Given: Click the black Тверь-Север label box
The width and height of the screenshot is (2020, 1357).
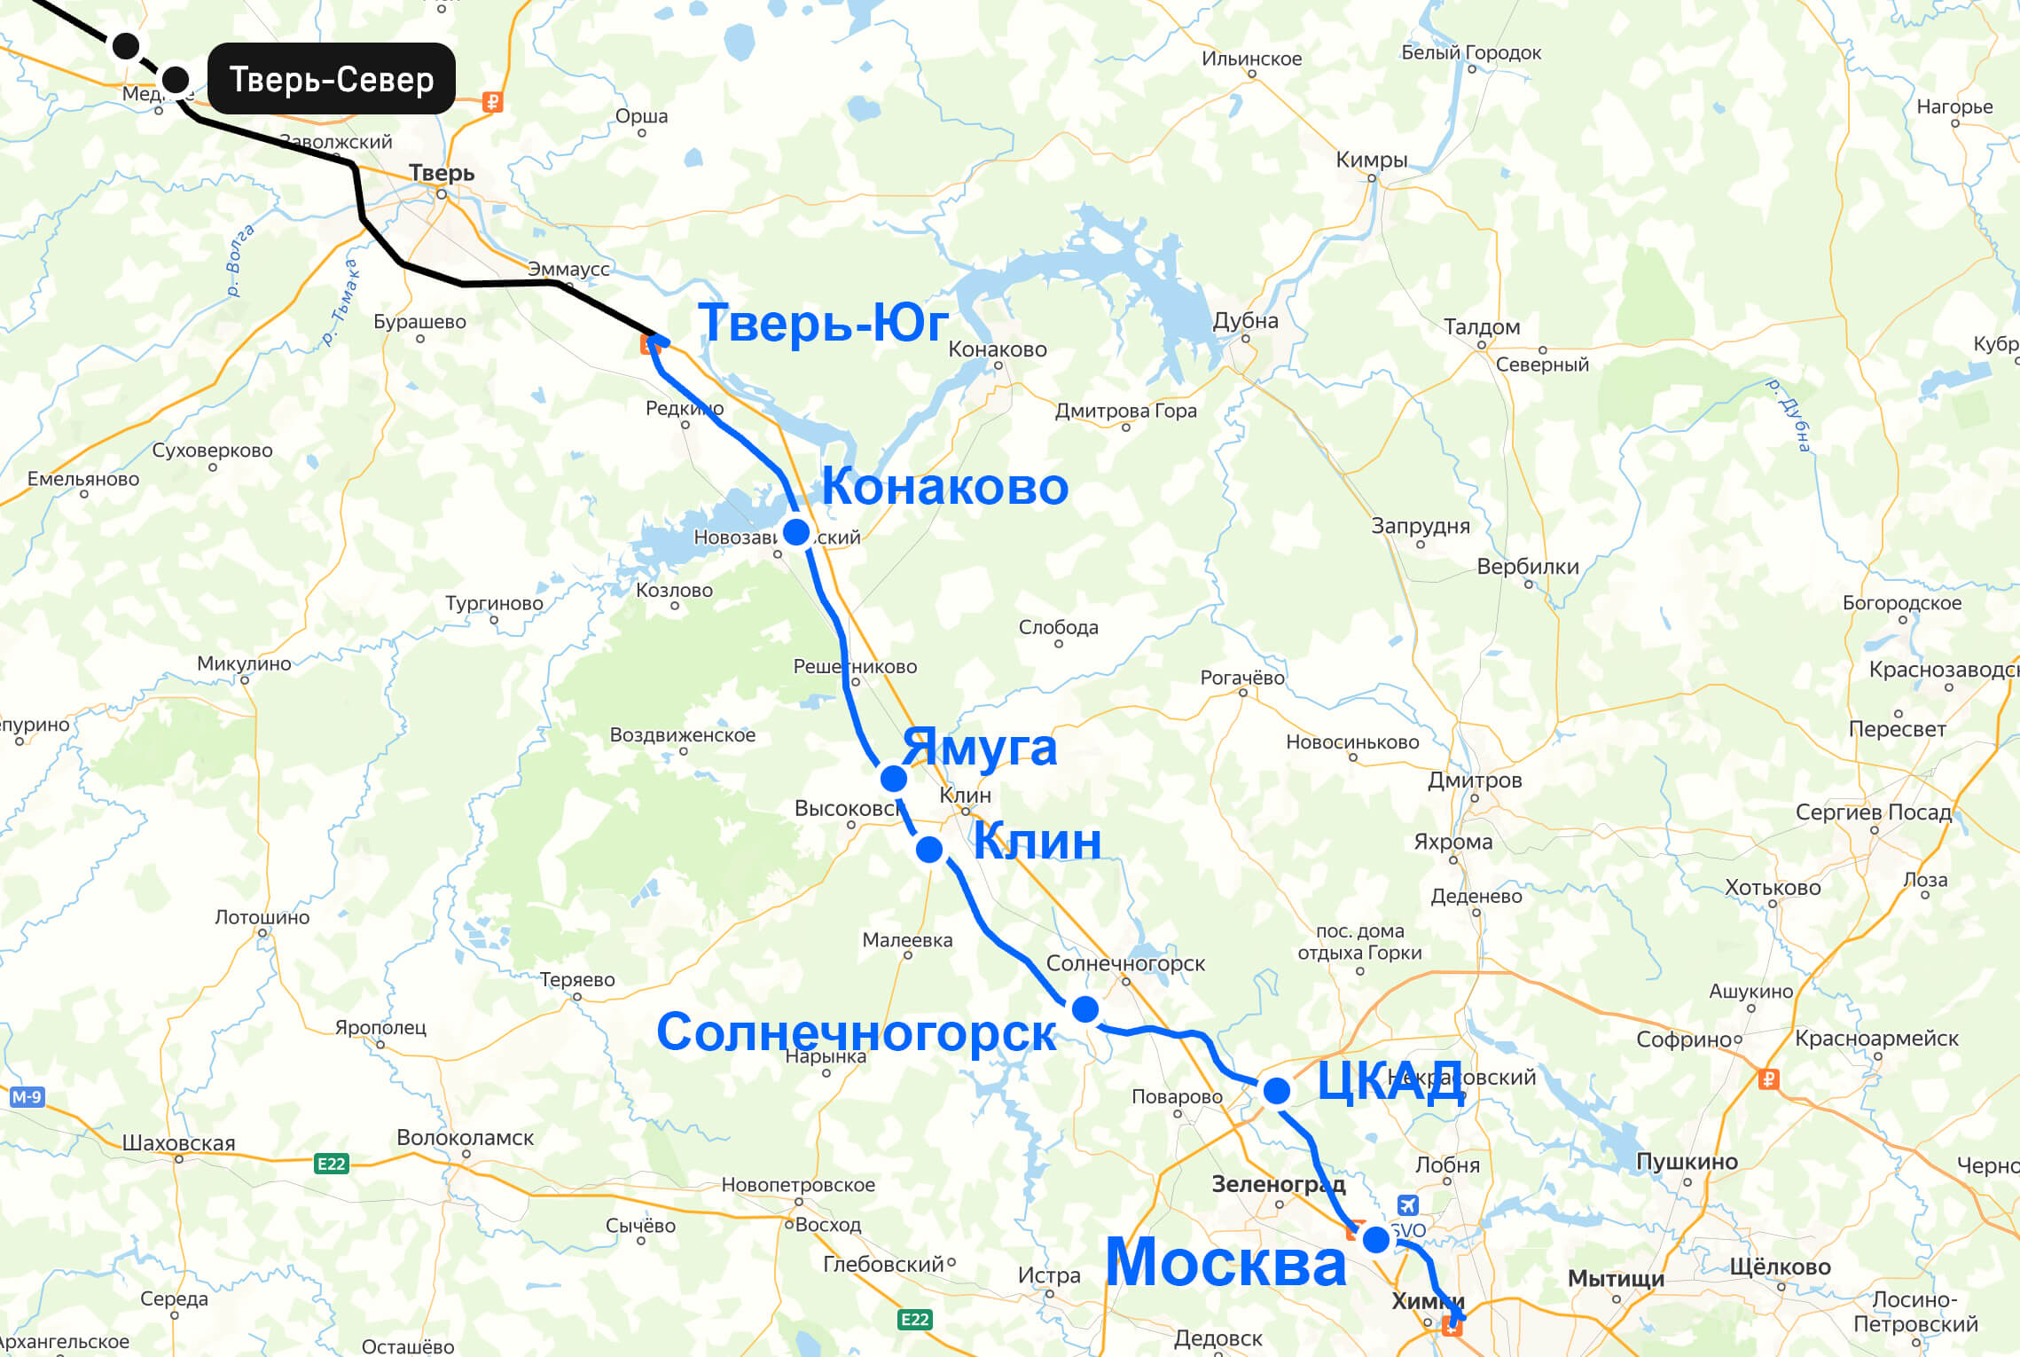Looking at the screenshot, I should [x=331, y=79].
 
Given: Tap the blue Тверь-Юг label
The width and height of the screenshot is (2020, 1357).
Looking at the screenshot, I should [x=823, y=322].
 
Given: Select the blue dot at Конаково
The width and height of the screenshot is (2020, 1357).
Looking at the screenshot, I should [x=796, y=532].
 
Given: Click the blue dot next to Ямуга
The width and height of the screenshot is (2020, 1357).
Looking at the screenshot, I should [x=894, y=779].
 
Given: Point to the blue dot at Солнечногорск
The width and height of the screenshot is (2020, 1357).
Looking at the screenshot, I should [x=1085, y=1009].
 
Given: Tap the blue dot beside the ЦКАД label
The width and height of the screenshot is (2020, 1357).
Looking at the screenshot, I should [x=1277, y=1091].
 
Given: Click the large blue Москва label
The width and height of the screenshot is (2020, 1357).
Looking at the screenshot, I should [x=1225, y=1262].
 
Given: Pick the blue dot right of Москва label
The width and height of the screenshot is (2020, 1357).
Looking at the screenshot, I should [x=1376, y=1240].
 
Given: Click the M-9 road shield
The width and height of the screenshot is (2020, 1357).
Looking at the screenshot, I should [x=27, y=1097].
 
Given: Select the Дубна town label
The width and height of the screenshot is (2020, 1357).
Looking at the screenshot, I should [x=1245, y=321].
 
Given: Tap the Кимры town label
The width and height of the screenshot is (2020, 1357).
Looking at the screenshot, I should [x=1371, y=160].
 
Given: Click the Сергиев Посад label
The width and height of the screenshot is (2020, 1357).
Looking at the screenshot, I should [x=1873, y=812].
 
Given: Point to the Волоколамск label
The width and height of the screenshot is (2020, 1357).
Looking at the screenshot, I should [x=465, y=1138].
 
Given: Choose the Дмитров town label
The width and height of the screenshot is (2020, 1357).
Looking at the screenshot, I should [x=1474, y=780].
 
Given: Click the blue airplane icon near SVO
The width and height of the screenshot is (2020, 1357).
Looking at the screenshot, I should [x=1407, y=1205].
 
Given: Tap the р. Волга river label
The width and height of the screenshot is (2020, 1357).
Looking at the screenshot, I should [x=239, y=260].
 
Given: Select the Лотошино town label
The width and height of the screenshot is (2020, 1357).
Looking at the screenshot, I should [x=262, y=917].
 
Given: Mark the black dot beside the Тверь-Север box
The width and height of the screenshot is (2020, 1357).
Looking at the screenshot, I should [x=176, y=80].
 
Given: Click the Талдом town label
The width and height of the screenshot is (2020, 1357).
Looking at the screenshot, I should [x=1481, y=327].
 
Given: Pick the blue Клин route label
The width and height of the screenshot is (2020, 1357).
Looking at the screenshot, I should [x=1037, y=841].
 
